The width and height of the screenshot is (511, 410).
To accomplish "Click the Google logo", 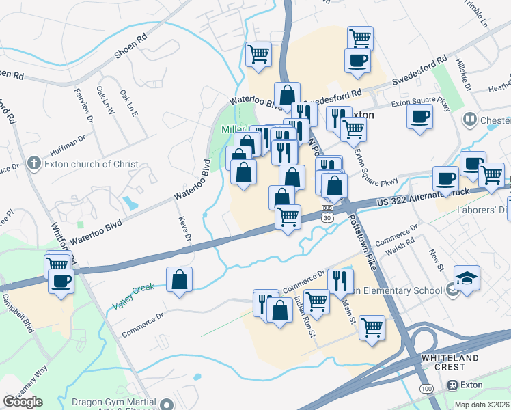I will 23,402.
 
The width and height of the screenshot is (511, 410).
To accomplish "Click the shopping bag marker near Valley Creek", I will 179,279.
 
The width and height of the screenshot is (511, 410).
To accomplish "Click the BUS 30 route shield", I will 327,213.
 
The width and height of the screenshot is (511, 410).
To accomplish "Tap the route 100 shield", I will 426,388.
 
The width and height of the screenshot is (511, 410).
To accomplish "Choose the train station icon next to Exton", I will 452,385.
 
